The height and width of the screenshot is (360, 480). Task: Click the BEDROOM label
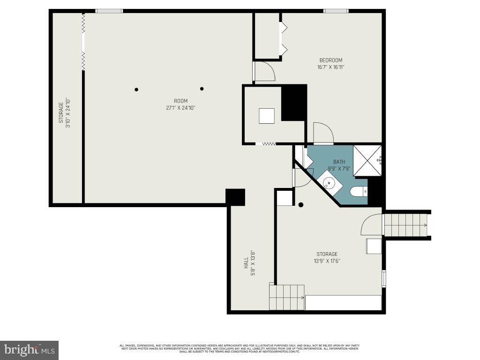[x=330, y=60]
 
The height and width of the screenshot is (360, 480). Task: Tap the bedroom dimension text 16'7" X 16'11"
[x=330, y=67]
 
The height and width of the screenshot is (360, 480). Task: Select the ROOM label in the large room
[x=180, y=101]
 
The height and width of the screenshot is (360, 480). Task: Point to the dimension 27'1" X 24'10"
[x=180, y=108]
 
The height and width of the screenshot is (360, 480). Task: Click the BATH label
[x=339, y=162]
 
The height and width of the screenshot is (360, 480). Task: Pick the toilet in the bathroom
[x=359, y=191]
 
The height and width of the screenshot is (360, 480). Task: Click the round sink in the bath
[x=330, y=183]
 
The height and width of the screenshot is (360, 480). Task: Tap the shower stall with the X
[x=367, y=160]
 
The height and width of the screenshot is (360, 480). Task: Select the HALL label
[x=246, y=262]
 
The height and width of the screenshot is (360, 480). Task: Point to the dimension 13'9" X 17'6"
[x=327, y=261]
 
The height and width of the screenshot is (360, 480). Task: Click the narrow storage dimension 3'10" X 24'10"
[x=67, y=113]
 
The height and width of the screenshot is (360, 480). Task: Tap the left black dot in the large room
[x=136, y=90]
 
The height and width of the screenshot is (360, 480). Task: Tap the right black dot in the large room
[x=202, y=89]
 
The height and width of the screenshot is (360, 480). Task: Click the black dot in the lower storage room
[x=301, y=204]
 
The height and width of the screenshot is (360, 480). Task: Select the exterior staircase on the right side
[x=405, y=225]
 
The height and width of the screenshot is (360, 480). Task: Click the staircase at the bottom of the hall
[x=286, y=297]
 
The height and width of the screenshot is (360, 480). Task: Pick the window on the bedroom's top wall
[x=336, y=11]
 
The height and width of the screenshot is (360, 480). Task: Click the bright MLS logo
[x=29, y=350]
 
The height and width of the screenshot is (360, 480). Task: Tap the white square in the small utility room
[x=267, y=116]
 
